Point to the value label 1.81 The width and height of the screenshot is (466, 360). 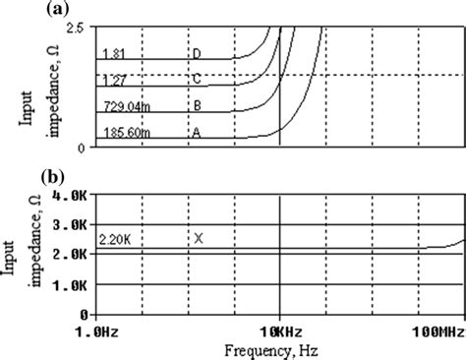112,53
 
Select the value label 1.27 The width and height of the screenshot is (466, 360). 112,78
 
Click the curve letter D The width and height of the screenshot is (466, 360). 198,53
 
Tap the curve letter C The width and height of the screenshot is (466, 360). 198,78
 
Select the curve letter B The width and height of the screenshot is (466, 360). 198,102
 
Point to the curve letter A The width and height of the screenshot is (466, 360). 198,128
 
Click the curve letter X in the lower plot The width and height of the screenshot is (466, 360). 198,238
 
